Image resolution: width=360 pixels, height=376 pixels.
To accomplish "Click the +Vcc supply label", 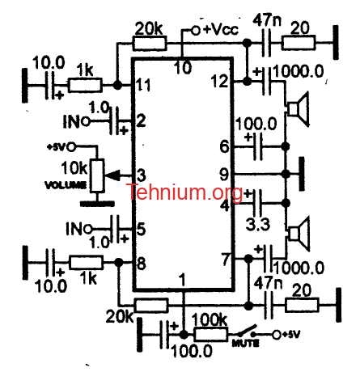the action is [220, 29].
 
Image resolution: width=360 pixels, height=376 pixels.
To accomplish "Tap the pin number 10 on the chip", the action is [183, 67].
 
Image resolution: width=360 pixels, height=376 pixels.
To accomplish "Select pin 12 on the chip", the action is [219, 81].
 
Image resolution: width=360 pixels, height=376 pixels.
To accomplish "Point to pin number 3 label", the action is [141, 175].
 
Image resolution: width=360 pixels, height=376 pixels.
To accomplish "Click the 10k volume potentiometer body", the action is [97, 175].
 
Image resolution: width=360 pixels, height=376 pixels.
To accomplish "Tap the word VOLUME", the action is [66, 185].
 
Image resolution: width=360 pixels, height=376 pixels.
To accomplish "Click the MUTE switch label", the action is [245, 343].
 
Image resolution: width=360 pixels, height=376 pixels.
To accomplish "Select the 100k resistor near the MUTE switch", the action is [211, 335].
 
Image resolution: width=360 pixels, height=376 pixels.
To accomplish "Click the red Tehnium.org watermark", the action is [184, 192].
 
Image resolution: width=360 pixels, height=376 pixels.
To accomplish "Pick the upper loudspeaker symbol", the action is [298, 109].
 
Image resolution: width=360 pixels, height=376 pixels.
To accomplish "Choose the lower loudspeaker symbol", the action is [299, 234].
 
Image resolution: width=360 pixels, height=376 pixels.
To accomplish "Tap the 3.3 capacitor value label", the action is [257, 225].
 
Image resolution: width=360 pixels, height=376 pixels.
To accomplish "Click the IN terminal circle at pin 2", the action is [86, 122].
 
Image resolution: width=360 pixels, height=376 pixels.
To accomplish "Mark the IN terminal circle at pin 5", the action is [88, 230].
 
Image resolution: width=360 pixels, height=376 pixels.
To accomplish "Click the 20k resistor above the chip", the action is [150, 43].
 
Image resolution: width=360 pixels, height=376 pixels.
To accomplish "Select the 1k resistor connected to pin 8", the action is [86, 263].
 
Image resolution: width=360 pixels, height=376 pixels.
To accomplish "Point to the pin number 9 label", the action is [224, 175].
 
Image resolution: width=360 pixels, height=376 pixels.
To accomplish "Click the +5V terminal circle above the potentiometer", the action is [71, 147].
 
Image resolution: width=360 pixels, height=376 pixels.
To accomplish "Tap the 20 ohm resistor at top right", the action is [299, 43].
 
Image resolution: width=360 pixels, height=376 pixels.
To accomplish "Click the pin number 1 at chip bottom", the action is [183, 280].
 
